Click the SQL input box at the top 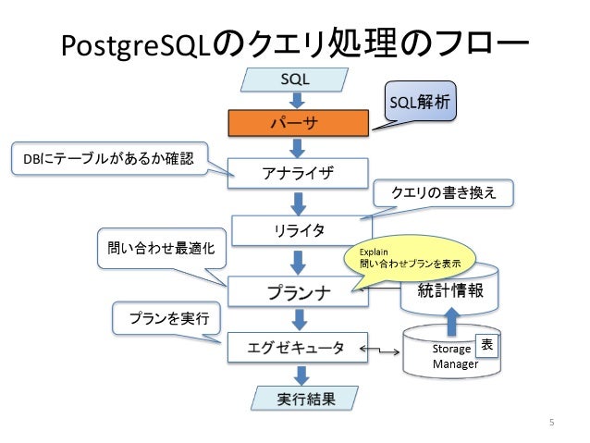(295, 80)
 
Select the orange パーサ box (295, 123)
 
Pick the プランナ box (294, 291)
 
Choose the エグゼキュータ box (295, 348)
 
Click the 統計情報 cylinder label (450, 292)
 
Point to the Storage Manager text (453, 356)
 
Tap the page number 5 (551, 424)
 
